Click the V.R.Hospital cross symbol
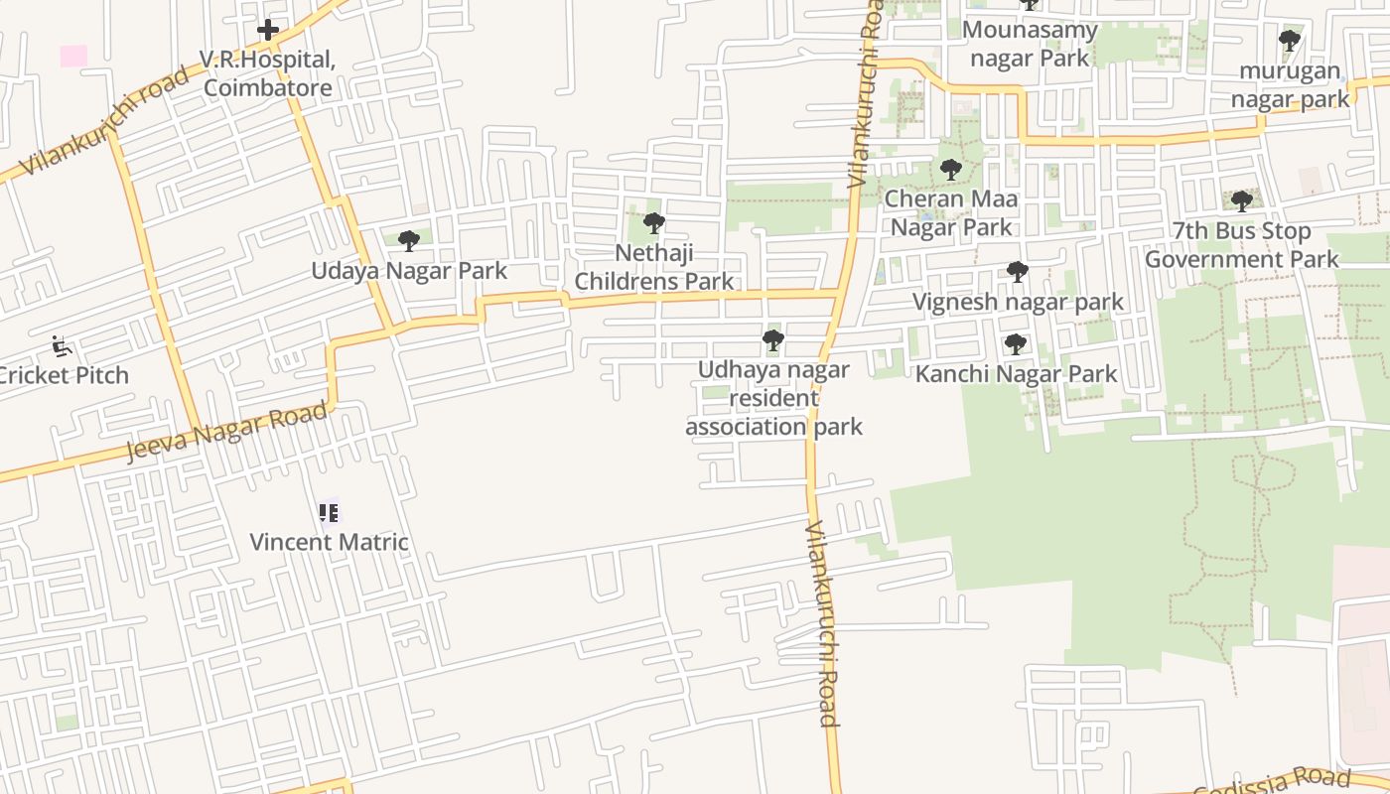(x=267, y=31)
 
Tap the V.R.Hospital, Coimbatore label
(x=267, y=74)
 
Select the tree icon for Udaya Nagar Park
(x=408, y=240)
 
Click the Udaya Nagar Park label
(x=409, y=271)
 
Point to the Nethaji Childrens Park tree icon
(x=653, y=222)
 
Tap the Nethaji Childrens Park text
(x=653, y=267)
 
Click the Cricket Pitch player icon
(x=62, y=346)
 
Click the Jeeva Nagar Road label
(x=226, y=432)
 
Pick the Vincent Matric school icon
(x=329, y=512)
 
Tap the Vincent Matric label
(x=329, y=542)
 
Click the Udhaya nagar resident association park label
(x=773, y=398)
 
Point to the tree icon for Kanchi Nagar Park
(x=1015, y=344)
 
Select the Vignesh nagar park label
(x=1018, y=302)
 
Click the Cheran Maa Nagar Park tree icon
(x=950, y=169)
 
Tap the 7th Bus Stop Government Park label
(x=1241, y=245)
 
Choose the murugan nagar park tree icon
(x=1289, y=41)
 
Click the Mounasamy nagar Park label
(x=1030, y=44)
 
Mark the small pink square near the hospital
(x=73, y=56)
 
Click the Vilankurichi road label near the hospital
(x=104, y=121)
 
